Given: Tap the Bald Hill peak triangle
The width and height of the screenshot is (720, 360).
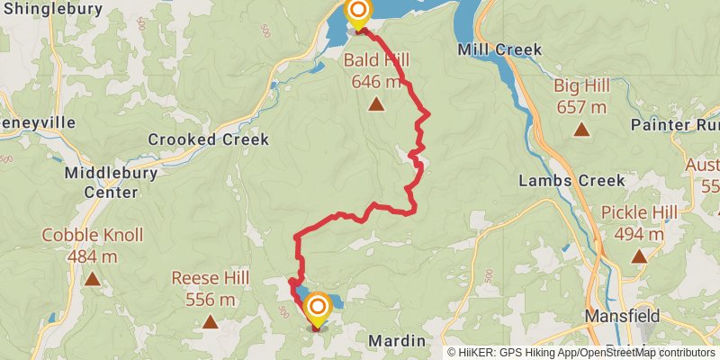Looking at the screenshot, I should click(x=376, y=103).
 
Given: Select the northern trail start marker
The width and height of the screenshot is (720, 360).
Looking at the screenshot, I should click(x=358, y=12).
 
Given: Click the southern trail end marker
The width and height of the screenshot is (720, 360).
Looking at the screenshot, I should click(x=317, y=309).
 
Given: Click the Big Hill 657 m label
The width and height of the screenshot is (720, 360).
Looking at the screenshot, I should click(x=581, y=96).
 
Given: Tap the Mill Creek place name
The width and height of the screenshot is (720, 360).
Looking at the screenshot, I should click(x=499, y=49).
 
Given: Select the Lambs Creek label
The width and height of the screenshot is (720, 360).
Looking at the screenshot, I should click(x=571, y=181).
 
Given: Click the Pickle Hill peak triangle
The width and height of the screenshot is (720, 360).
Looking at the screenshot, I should click(x=639, y=256).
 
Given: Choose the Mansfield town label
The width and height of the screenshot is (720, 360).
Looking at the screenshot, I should click(x=622, y=316).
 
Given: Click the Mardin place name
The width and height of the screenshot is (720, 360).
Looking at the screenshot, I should click(x=396, y=341).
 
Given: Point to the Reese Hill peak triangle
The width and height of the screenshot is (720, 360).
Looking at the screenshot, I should click(x=210, y=321).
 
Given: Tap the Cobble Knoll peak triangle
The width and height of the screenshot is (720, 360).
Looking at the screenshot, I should click(x=93, y=280).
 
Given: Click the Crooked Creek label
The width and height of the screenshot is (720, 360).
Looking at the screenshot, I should click(x=208, y=139).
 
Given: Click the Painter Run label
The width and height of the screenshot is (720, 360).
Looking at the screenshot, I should click(x=675, y=124).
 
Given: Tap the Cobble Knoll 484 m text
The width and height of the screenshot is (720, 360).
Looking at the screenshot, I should click(x=93, y=246).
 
